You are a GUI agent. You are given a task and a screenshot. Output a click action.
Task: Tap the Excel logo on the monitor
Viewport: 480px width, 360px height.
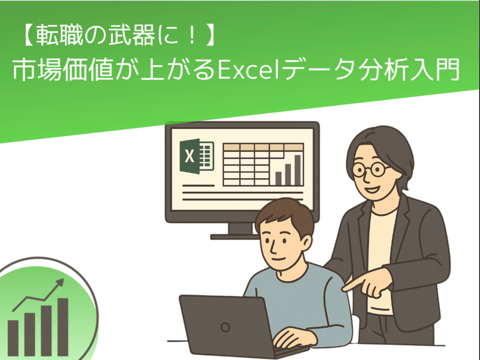(197, 156)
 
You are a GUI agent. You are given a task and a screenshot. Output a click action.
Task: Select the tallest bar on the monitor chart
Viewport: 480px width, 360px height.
(298, 170)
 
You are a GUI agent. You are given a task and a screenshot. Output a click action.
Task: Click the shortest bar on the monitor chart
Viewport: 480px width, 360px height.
(278, 178)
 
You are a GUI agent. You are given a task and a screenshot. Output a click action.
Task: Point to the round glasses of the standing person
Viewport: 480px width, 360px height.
(371, 170)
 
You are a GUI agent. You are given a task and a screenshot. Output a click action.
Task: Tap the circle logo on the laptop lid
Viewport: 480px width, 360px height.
(226, 327)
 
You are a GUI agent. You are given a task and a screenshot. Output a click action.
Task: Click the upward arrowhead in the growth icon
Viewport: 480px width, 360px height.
(59, 283)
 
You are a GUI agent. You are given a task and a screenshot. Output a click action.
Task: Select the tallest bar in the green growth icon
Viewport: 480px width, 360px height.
(63, 327)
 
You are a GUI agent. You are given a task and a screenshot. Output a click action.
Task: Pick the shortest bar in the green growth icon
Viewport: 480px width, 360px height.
(13, 338)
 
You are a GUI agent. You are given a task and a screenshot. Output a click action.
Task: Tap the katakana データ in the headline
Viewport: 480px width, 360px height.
(319, 69)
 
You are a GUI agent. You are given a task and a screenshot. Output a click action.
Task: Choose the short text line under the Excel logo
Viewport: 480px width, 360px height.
(199, 185)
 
